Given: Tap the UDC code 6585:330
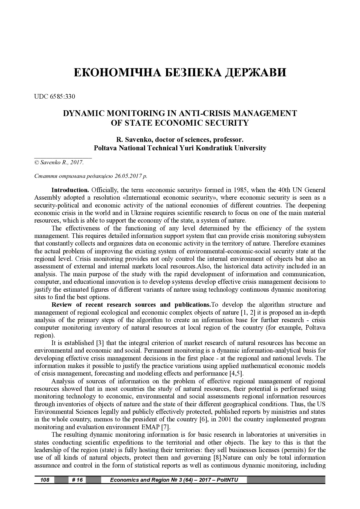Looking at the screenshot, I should click(x=62, y=96).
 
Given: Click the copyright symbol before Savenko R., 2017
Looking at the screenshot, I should click(x=37, y=163).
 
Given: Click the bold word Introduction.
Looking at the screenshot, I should click(x=70, y=190).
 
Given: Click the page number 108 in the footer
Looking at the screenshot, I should click(x=45, y=480).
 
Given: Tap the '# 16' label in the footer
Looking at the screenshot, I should click(x=77, y=480).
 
